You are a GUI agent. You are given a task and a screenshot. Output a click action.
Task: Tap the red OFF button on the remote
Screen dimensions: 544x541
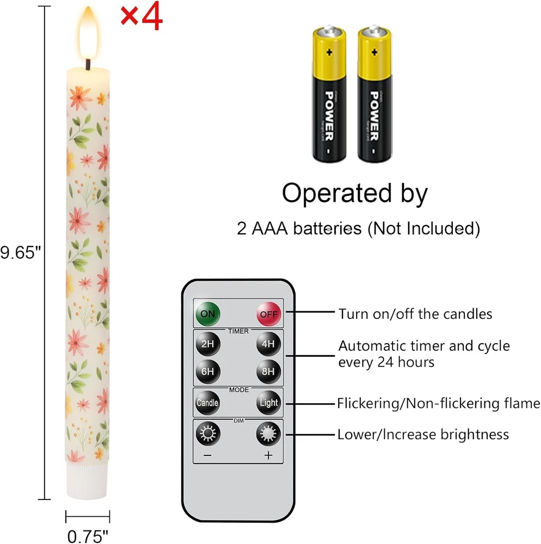pos(268,314)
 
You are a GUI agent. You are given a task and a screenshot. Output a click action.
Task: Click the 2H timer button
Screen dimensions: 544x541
pos(207,343)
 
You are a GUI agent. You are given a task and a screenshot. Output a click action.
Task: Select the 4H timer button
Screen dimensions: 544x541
pos(268,343)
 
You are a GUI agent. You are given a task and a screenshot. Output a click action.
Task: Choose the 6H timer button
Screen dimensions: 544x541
pos(207,372)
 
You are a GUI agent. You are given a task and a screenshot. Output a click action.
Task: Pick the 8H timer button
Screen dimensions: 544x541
pos(268,372)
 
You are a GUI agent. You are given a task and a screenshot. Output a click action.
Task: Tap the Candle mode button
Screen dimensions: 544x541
pos(207,403)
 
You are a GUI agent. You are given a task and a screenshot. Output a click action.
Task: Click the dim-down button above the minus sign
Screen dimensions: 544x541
pos(207,434)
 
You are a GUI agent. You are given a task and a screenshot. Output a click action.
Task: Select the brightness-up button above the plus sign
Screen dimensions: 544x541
pos(268,434)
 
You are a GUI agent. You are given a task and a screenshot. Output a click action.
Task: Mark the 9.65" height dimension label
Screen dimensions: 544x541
pos(20,254)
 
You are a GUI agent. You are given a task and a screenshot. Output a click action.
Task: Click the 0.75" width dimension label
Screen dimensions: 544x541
pos(88,536)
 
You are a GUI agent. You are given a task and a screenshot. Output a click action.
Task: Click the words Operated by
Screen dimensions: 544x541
pos(355,193)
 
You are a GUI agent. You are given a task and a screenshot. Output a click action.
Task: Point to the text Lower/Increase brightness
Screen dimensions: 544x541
pos(423,434)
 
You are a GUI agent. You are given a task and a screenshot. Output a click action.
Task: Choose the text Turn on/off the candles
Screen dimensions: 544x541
pos(415,314)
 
